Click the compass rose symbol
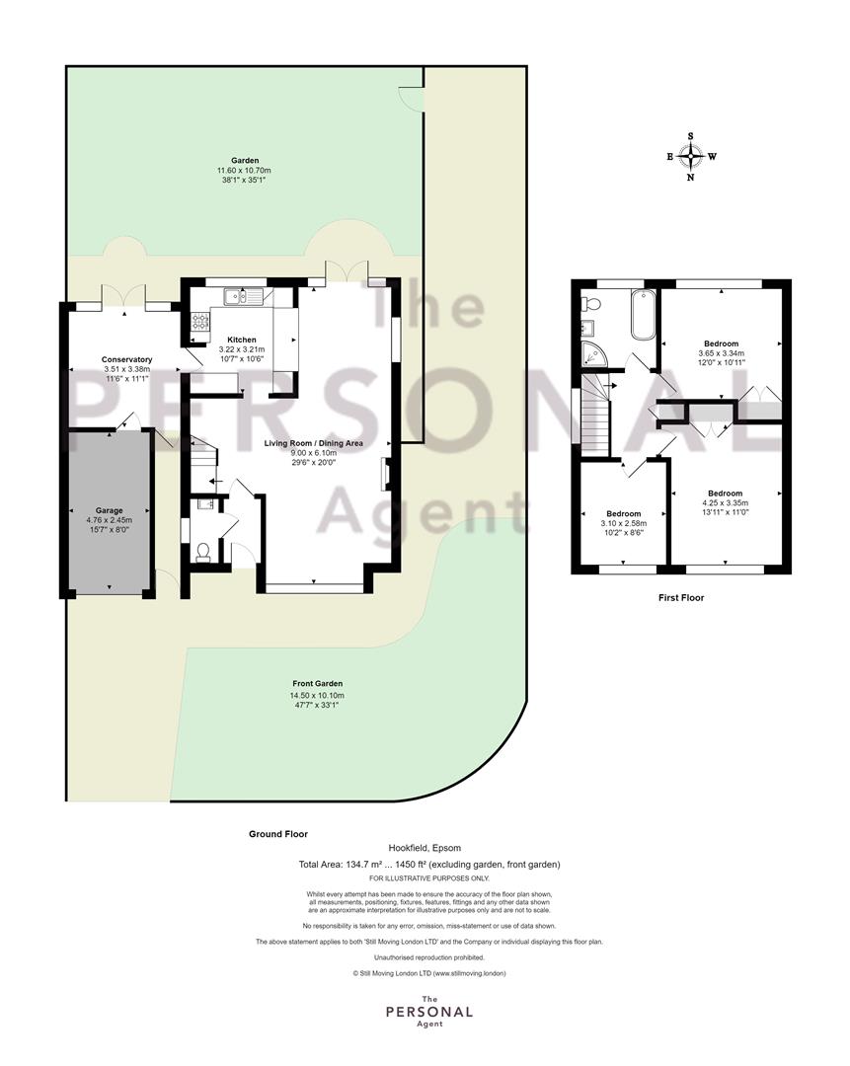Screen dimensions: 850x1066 [691, 157]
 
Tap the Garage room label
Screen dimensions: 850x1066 [109, 510]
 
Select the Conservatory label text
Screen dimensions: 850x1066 [126, 359]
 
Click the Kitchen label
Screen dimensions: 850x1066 [242, 340]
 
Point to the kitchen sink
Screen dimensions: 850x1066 [243, 296]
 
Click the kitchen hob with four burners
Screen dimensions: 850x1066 [200, 320]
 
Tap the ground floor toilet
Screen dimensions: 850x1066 [203, 552]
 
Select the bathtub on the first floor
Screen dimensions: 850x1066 [643, 314]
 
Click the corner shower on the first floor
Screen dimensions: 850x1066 [593, 353]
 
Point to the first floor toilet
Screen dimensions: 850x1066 [589, 303]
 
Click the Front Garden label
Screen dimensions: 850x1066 [318, 684]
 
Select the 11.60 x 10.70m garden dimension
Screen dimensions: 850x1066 [244, 171]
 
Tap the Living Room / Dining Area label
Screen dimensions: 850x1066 [314, 443]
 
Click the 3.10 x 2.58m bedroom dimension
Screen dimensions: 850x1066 [624, 523]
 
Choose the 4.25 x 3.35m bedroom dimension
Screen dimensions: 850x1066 [725, 503]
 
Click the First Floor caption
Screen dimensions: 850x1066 [681, 597]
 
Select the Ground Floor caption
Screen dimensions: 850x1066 [278, 834]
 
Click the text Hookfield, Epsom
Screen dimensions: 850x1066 [425, 848]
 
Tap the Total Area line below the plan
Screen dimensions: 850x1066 [429, 865]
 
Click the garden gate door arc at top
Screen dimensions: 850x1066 [410, 100]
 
